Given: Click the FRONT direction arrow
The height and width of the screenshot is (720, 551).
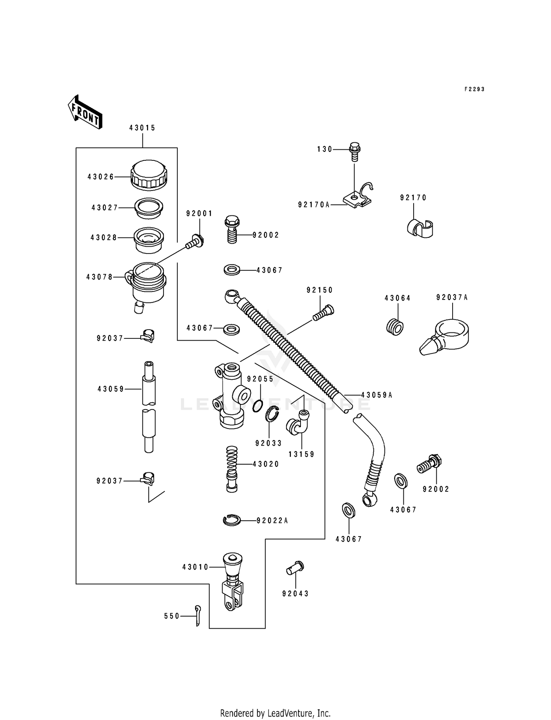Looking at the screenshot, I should click(x=85, y=112).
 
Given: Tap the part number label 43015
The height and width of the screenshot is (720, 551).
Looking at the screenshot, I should click(x=142, y=128).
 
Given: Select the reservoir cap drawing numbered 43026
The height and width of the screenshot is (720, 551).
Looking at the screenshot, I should click(x=149, y=175).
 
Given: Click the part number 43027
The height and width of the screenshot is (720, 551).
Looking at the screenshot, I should click(x=105, y=208).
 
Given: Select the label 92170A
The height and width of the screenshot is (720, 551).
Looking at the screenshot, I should click(x=314, y=205).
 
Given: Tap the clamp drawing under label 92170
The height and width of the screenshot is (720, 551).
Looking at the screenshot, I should click(x=420, y=228).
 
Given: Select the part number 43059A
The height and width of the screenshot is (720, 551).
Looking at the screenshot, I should click(x=377, y=395).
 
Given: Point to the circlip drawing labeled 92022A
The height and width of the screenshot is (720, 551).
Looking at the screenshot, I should click(x=232, y=520).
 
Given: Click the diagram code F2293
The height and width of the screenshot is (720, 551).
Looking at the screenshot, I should click(x=474, y=89).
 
